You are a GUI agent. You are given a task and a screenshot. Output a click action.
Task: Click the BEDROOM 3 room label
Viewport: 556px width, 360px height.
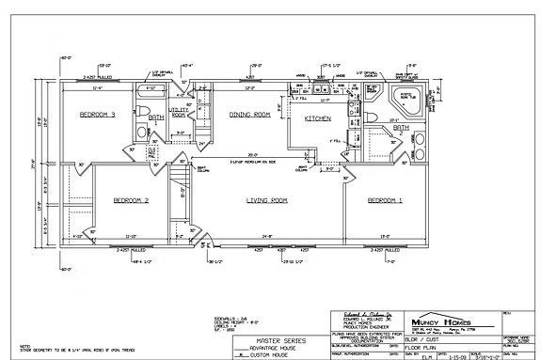(97, 115)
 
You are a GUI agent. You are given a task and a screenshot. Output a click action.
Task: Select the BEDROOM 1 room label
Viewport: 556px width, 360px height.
(385, 200)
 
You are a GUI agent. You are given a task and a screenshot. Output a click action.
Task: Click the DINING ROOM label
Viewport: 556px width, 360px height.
(249, 114)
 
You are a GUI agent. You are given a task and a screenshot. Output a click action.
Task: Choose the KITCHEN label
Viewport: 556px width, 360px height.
(317, 119)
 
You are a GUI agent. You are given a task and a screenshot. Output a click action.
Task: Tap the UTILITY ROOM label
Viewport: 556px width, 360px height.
(180, 112)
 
